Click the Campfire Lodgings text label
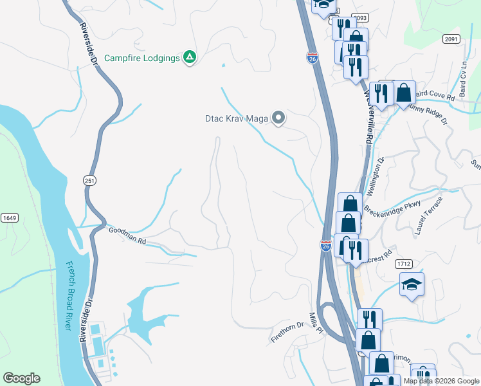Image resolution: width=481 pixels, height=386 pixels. pyautogui.click(x=142, y=58)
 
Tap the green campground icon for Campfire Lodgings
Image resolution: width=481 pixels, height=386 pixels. pyautogui.click(x=190, y=58)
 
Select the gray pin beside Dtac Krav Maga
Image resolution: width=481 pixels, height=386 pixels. pyautogui.click(x=278, y=118)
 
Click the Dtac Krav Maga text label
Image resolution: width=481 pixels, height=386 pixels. pyautogui.click(x=236, y=118)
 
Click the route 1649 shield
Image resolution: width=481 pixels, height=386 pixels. pyautogui.click(x=9, y=218)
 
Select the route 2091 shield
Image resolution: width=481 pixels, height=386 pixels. pyautogui.click(x=451, y=39)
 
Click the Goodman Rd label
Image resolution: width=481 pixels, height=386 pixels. pyautogui.click(x=127, y=235)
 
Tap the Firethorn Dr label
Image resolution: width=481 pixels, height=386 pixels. pyautogui.click(x=287, y=332)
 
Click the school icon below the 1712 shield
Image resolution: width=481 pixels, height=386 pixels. pyautogui.click(x=412, y=284)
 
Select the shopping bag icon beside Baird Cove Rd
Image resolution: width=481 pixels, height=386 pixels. pyautogui.click(x=404, y=93)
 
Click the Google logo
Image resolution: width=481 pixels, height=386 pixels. pyautogui.click(x=21, y=378)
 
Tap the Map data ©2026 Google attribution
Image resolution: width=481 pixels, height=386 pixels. pyautogui.click(x=440, y=381)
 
